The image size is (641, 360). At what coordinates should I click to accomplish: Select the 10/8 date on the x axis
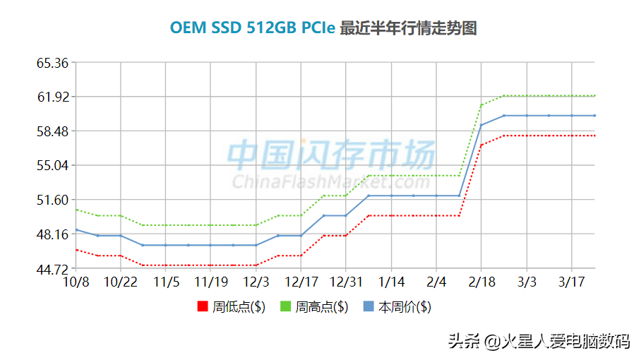tap(76, 282)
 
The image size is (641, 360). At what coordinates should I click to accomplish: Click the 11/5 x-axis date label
tap(166, 282)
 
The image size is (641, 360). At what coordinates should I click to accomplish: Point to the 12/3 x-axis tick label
tap(256, 282)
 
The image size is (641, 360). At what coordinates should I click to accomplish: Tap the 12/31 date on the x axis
tap(346, 282)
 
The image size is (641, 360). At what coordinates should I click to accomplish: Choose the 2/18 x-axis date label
tap(481, 282)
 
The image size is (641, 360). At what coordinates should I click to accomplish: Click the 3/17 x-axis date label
tap(571, 282)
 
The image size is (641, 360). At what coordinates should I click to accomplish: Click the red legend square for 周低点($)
tap(203, 307)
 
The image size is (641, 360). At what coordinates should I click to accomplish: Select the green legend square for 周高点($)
tap(286, 307)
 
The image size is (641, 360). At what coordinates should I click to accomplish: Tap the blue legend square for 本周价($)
tap(369, 307)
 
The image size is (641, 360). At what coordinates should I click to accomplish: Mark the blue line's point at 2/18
tap(481, 125)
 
